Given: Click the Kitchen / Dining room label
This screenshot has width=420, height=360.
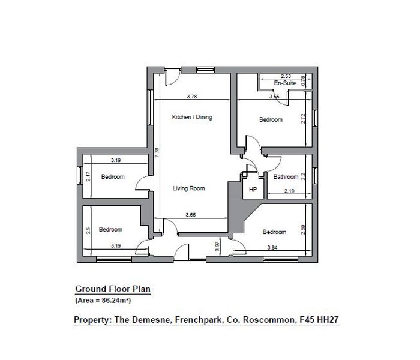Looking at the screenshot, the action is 192,117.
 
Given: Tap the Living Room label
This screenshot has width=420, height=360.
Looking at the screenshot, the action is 188,188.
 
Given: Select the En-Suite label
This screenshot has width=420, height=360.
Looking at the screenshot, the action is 285,83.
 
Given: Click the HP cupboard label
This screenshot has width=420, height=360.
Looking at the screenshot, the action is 253,190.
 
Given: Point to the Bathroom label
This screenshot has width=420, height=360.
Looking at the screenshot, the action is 286,177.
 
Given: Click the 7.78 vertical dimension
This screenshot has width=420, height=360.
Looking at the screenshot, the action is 157,152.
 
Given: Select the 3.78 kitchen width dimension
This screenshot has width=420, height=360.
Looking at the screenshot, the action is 192,97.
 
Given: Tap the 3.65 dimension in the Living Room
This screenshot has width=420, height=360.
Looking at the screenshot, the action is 191,215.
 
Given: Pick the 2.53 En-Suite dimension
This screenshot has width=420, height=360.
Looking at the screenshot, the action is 286,76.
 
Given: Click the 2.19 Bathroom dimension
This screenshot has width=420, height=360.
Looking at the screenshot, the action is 289,191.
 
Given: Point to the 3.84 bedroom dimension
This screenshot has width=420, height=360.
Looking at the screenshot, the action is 272,248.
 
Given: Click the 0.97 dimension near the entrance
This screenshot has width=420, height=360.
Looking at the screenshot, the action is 217,247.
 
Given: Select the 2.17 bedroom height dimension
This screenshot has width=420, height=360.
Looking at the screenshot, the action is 88,176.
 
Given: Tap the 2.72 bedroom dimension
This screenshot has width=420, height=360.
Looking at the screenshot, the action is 303,119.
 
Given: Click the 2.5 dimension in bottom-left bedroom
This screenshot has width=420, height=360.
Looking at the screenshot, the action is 88,230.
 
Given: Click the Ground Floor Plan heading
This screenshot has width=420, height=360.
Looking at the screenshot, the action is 113,289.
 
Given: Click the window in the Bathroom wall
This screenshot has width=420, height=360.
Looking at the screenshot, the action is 315,176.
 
